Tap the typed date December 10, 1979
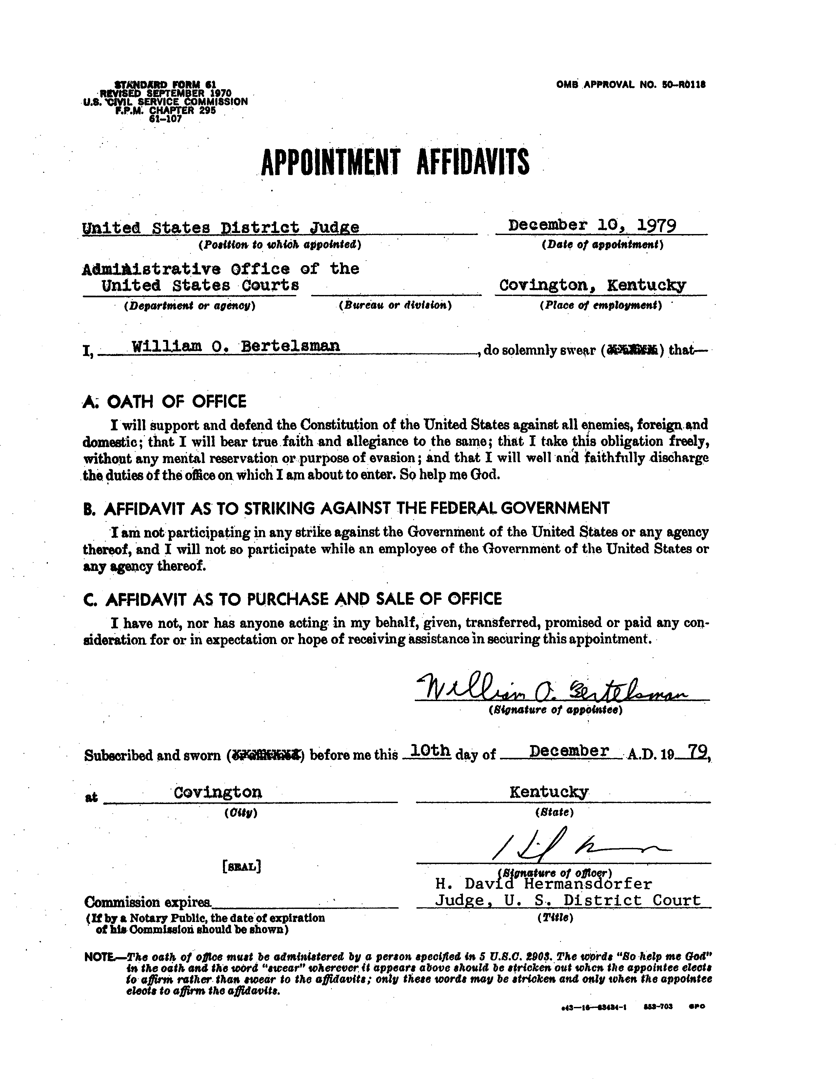click(592, 226)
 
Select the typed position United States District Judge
click(221, 228)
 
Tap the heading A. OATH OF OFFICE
click(164, 402)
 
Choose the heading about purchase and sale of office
click(292, 599)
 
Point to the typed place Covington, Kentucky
click(592, 285)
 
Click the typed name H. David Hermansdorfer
click(543, 883)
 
